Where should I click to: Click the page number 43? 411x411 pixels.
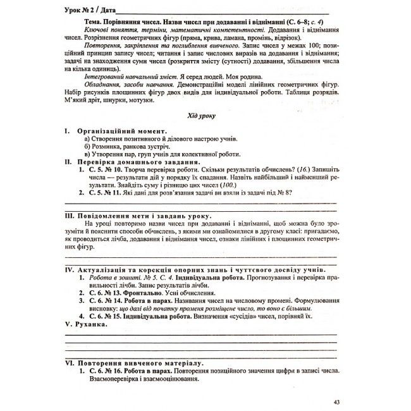pos(336,402)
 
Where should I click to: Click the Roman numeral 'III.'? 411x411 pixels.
pos(70,216)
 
